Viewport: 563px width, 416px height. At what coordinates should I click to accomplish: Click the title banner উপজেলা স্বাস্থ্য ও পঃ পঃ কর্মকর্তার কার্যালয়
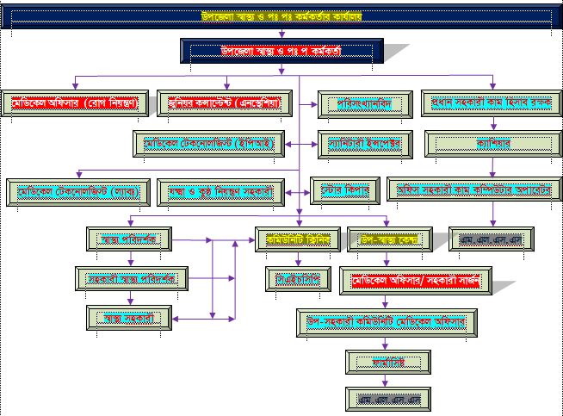(281, 16)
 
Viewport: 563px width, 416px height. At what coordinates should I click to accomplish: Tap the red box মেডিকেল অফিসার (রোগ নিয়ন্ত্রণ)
(75, 103)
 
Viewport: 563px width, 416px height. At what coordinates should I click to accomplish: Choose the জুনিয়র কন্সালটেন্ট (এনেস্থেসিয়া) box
(226, 103)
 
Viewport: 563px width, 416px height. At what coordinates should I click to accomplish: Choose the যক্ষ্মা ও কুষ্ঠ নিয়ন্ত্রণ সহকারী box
(226, 190)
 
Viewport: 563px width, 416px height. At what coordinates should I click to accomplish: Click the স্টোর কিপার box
(339, 189)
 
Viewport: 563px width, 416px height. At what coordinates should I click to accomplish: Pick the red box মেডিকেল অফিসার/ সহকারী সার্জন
(416, 279)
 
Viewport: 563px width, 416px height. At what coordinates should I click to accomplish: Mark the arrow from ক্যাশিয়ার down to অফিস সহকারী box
(479, 167)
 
